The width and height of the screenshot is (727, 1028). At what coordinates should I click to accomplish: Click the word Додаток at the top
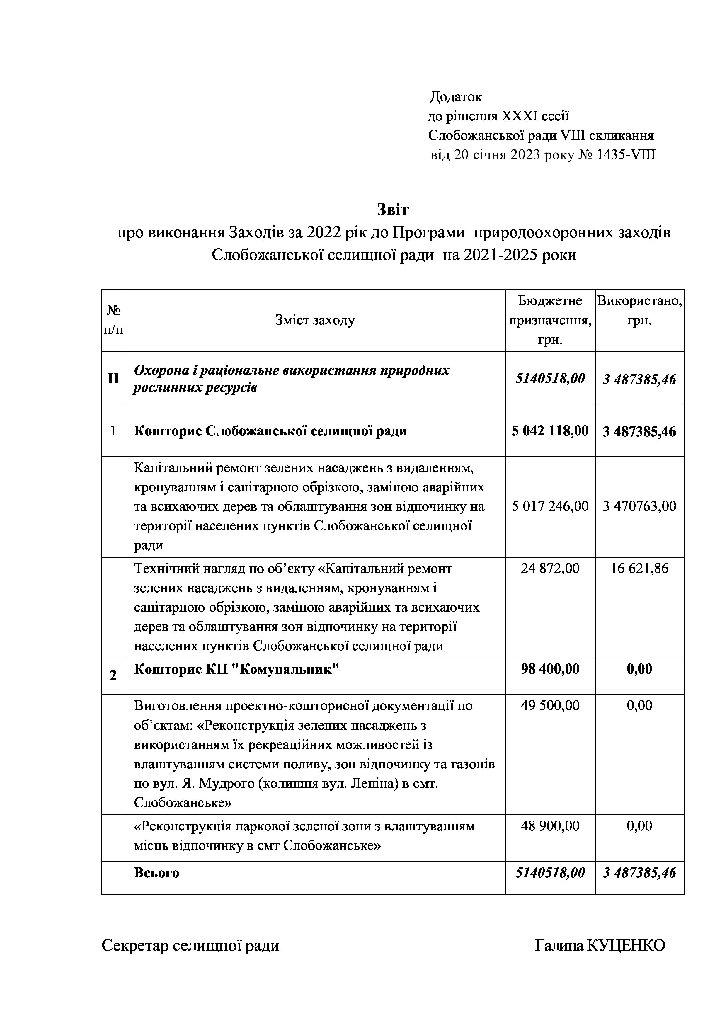[456, 97]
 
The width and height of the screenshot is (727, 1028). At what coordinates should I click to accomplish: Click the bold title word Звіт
[393, 209]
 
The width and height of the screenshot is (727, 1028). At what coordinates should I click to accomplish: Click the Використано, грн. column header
[639, 310]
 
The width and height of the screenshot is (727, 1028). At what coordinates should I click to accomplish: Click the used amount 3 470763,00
[639, 506]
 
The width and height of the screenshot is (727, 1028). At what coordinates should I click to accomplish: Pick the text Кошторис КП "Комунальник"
[236, 669]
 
